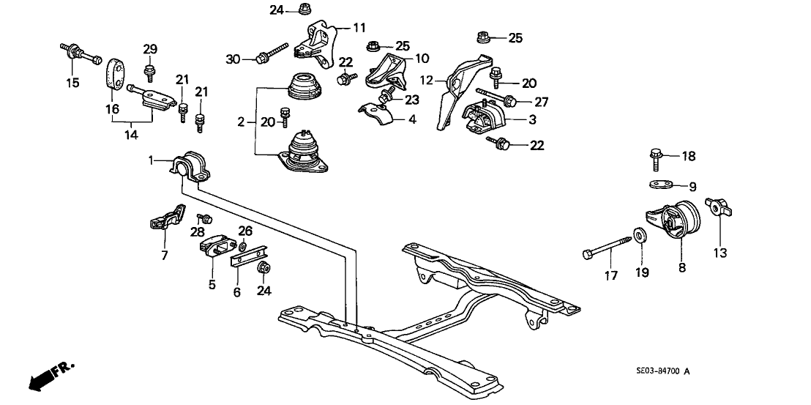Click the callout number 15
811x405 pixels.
click(x=72, y=83)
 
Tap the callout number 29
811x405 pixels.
click(x=150, y=49)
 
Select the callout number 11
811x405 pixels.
click(x=359, y=28)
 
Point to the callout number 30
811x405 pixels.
click(x=233, y=58)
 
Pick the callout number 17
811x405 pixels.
click(x=610, y=276)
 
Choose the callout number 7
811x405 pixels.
click(x=164, y=256)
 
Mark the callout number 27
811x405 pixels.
click(x=541, y=103)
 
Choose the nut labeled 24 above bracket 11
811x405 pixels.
click(x=303, y=10)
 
